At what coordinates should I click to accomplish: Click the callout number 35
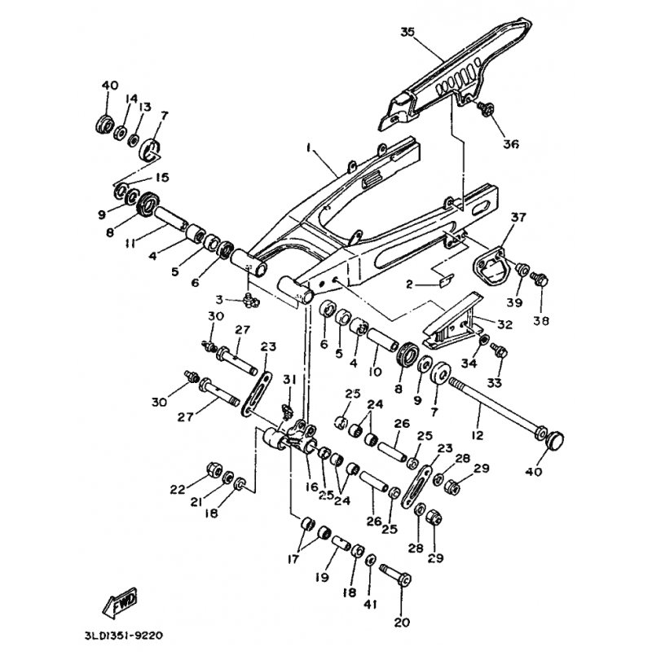coord(407,33)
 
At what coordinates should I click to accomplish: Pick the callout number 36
coord(487,144)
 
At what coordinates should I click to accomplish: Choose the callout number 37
coord(519,217)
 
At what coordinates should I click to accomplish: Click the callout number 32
coord(504,324)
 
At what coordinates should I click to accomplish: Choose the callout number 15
coord(162,178)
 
